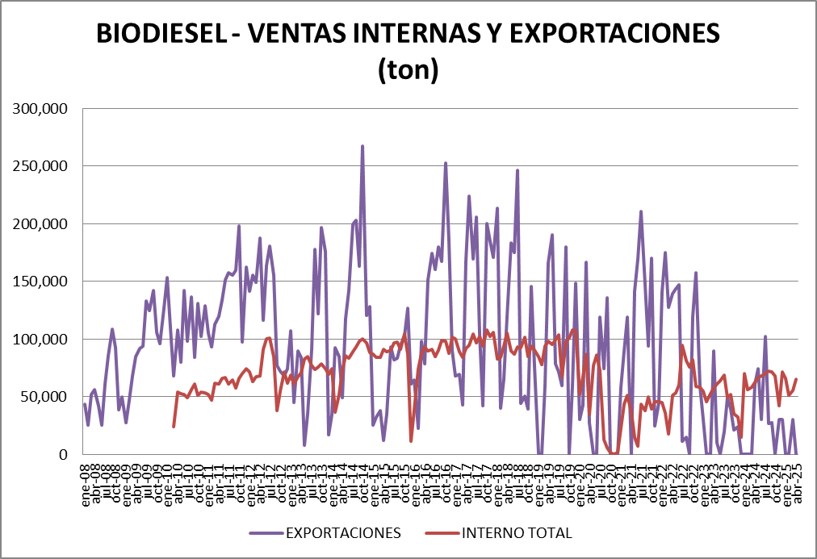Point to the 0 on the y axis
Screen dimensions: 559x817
click(63, 454)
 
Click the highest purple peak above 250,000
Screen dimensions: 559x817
click(362, 146)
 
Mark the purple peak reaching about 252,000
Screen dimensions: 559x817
click(446, 163)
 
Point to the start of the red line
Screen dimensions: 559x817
click(174, 427)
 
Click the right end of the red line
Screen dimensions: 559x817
click(797, 379)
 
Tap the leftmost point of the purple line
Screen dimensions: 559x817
click(84, 404)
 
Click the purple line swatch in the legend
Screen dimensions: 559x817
click(264, 533)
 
